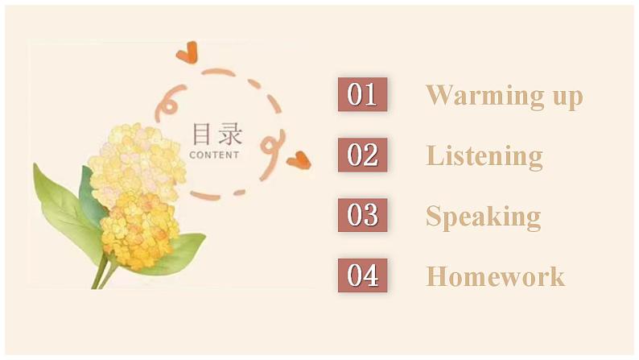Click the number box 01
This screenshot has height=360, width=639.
point(362,94)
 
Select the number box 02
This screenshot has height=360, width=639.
point(362,155)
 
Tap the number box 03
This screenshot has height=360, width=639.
point(362,215)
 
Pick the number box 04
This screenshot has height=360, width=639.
point(362,275)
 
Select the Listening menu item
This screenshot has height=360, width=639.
point(484,155)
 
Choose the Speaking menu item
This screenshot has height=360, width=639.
point(483,217)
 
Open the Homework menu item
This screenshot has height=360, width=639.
point(495,276)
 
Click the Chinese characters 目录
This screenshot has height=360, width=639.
point(216,134)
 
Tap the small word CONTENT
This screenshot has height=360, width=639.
point(214,155)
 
